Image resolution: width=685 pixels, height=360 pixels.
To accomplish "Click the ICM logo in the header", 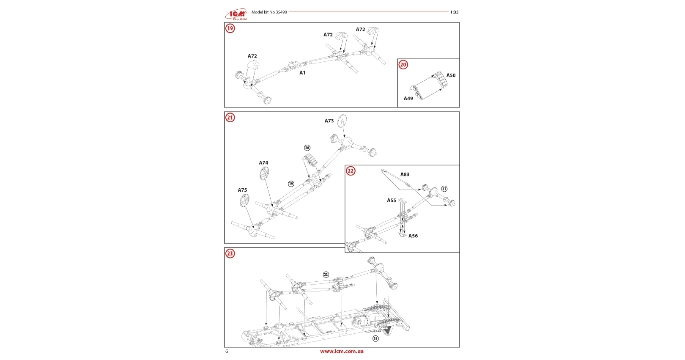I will pos(236,14).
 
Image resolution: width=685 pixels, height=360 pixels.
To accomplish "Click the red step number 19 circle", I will pos(230,28).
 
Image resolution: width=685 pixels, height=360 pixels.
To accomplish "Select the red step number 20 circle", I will pos(403,65).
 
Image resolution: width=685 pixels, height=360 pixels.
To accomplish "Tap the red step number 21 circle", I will pos(230,118).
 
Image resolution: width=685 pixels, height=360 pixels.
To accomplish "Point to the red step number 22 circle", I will pos(351,171).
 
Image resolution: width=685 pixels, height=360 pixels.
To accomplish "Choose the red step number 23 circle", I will pos(230,253).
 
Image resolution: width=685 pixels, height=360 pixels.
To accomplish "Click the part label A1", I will pos(302,73).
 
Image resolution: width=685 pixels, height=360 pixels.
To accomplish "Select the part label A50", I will pos(451,75).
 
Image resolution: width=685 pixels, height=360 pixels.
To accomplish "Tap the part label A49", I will pos(408,99).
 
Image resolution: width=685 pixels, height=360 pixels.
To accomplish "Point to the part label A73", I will pos(329,121).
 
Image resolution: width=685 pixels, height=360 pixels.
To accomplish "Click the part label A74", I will pos(263,163).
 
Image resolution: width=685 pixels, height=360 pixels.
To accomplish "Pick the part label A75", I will pos(242,190).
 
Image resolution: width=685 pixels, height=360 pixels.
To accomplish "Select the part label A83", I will pos(405,174).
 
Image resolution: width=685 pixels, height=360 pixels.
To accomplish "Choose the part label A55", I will pos(392,201).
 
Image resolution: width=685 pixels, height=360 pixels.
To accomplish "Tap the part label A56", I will pos(413,236).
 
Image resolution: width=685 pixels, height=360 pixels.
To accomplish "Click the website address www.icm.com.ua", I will pos(342,351).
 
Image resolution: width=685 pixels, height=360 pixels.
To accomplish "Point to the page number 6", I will pos(227,351).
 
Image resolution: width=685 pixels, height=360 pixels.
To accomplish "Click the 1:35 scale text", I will pos(454,12).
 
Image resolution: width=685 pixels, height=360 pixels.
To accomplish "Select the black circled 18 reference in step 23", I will pos(375,338).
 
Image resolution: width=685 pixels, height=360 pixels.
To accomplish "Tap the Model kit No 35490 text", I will pos(269,12).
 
